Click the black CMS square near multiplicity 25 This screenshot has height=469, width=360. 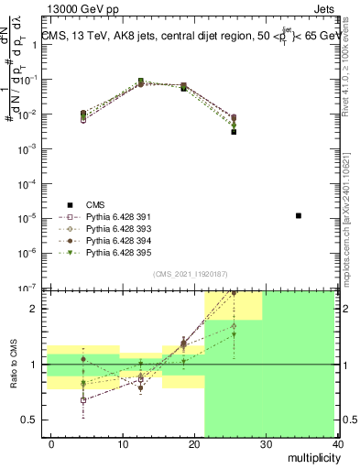[234, 132]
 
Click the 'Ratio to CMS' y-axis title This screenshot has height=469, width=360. [13, 365]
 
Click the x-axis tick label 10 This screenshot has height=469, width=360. [123, 443]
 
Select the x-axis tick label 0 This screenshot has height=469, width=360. [52, 443]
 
